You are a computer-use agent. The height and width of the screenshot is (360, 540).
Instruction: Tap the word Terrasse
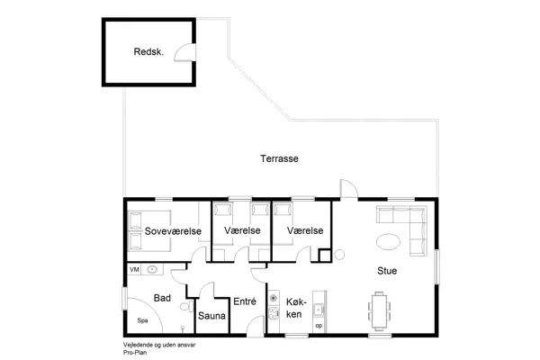(x=279, y=158)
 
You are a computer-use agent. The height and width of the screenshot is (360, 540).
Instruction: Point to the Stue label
(x=388, y=270)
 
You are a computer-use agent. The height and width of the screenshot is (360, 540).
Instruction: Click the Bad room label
(x=162, y=297)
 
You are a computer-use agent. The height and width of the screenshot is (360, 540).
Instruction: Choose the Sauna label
(x=211, y=316)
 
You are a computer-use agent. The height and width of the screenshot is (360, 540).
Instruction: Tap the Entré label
(x=245, y=302)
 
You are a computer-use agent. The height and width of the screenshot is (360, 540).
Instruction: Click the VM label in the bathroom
(x=134, y=269)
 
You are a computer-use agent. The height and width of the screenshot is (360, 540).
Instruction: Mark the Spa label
(x=142, y=319)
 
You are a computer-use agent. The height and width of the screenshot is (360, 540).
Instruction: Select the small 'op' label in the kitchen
(x=319, y=325)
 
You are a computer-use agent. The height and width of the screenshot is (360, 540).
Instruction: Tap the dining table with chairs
(x=378, y=310)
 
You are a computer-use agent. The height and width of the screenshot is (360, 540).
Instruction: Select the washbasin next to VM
(x=152, y=269)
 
